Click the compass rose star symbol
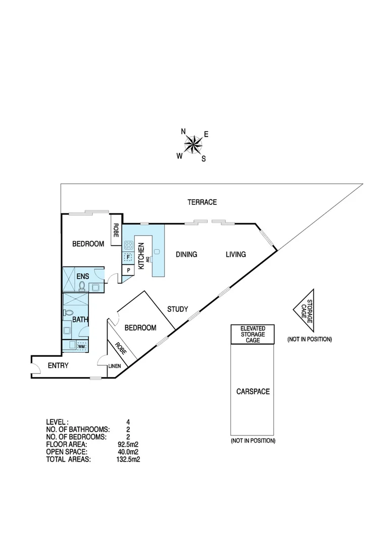(192, 145)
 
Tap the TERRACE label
(202, 202)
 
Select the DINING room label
(186, 254)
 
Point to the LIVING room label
(235, 254)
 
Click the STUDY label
(177, 309)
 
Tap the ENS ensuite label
(82, 276)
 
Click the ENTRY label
(58, 365)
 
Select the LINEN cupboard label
(114, 366)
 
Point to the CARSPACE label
(253, 391)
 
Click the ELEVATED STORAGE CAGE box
(253, 335)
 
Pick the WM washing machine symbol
(81, 346)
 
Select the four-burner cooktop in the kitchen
(128, 246)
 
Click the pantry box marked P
(128, 270)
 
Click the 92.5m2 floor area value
(128, 445)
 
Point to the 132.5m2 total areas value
(128, 460)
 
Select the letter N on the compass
(183, 132)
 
